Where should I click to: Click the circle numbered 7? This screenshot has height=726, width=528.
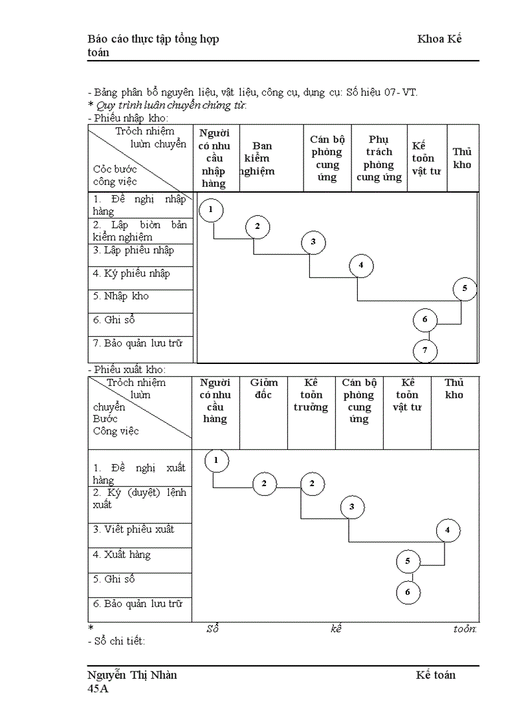click(425, 351)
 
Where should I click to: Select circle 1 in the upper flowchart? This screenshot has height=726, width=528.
click(211, 209)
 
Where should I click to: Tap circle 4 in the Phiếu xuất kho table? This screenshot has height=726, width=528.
click(448, 531)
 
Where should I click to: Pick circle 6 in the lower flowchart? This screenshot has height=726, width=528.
click(408, 592)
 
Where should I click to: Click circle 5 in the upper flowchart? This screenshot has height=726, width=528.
click(465, 289)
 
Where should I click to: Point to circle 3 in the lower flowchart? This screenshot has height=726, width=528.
click(352, 507)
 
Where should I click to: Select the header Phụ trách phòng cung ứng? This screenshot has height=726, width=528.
click(379, 158)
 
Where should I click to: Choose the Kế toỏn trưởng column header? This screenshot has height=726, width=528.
click(311, 395)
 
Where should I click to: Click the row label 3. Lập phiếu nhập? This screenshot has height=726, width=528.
click(133, 250)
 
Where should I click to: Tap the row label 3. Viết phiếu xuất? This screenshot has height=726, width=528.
click(133, 529)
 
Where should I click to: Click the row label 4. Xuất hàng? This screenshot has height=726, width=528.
click(122, 555)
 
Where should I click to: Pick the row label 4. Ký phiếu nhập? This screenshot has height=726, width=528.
click(131, 273)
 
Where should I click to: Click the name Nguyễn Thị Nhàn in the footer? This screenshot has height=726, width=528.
click(133, 675)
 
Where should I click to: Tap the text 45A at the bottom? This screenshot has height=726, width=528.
click(98, 689)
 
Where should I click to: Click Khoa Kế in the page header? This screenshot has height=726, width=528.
click(439, 39)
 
